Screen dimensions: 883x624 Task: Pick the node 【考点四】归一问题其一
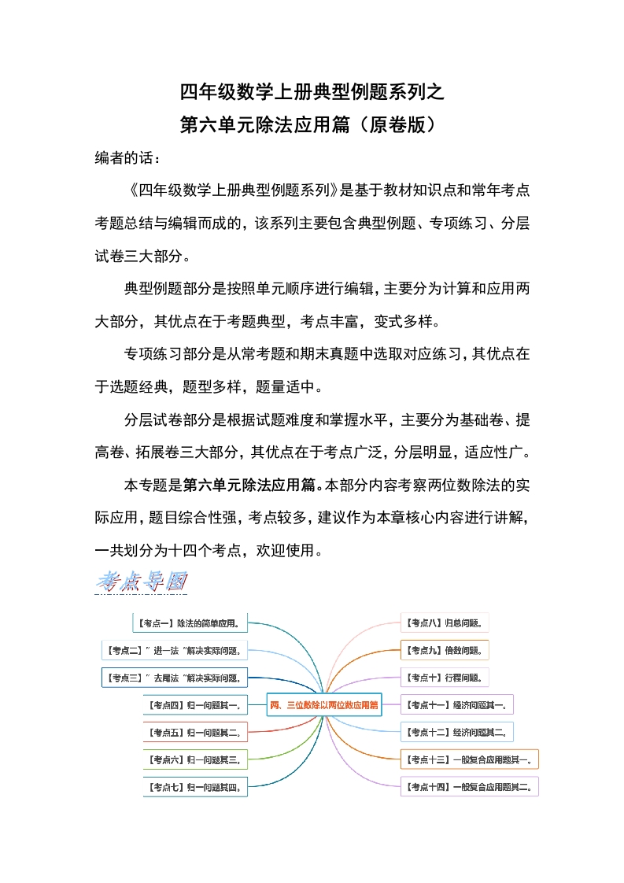tap(195, 704)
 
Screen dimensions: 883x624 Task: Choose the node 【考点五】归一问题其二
tap(195, 732)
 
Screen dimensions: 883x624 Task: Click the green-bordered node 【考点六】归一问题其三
tap(195, 759)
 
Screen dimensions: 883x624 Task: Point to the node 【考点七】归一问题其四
tap(195, 786)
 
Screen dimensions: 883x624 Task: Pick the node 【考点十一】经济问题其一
tap(457, 704)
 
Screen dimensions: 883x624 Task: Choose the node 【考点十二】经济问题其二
tap(457, 732)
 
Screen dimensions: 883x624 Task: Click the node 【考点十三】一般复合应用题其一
tap(469, 759)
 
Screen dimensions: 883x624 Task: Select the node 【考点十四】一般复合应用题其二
tap(469, 786)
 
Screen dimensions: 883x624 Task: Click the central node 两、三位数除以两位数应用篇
tap(323, 704)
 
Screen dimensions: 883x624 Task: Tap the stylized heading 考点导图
tap(141, 582)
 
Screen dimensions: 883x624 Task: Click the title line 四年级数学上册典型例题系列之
tap(312, 93)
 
